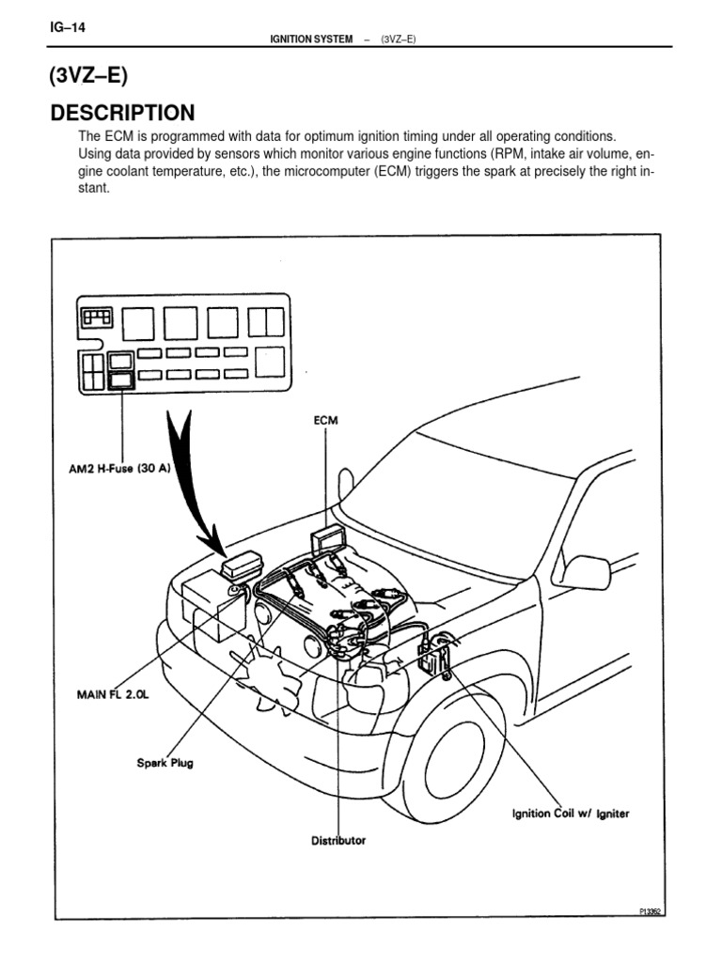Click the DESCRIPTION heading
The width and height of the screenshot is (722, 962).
pos(122,114)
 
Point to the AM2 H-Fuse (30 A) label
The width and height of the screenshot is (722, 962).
pos(123,469)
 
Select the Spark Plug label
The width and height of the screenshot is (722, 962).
pos(165,763)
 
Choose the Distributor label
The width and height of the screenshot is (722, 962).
pos(338,840)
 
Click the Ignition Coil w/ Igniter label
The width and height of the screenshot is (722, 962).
pos(570,813)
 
